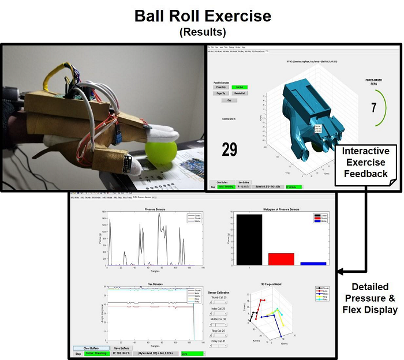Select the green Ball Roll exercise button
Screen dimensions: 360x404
(x=238, y=87)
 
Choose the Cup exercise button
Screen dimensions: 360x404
(x=229, y=100)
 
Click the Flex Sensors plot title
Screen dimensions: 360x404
(x=155, y=283)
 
